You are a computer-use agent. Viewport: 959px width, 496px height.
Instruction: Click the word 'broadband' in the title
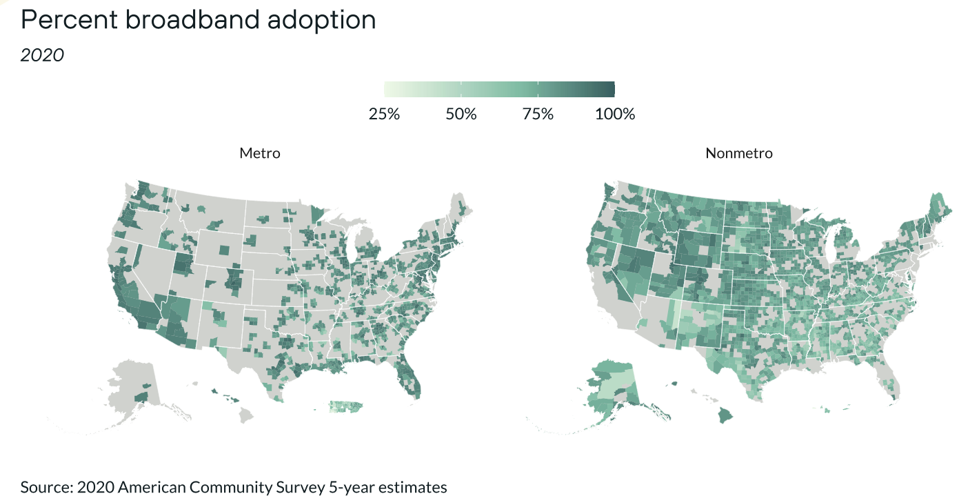[x=192, y=19]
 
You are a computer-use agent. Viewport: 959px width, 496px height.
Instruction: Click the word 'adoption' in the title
[x=321, y=21]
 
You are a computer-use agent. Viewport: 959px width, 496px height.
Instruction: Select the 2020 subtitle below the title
[x=42, y=55]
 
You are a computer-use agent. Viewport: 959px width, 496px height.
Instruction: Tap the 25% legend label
[x=384, y=114]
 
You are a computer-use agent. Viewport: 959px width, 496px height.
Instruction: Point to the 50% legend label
[x=461, y=114]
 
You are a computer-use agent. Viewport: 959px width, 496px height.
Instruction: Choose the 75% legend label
[x=538, y=114]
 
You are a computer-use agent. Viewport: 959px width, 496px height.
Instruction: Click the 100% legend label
[x=615, y=114]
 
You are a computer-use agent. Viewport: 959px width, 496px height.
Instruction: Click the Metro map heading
[x=260, y=153]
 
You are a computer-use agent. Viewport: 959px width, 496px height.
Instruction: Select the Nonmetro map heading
[x=739, y=153]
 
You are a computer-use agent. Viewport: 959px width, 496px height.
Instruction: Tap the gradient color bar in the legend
[x=499, y=89]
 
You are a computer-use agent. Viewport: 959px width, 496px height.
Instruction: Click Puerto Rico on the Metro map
[x=346, y=406]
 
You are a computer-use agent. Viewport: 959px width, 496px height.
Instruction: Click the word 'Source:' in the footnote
[x=47, y=487]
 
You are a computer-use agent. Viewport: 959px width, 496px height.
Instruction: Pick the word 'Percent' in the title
[x=69, y=19]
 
